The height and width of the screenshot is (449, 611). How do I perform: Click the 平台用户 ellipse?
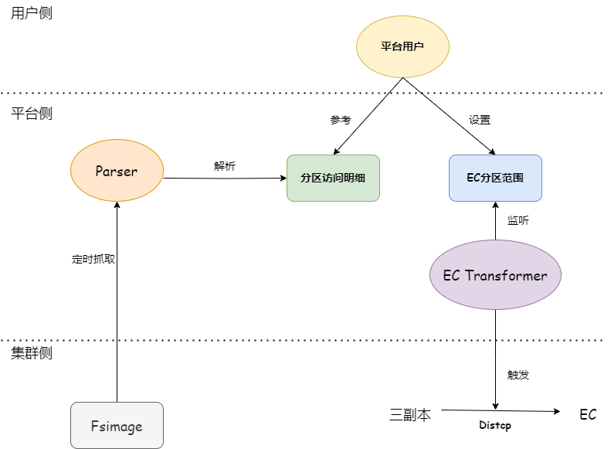(x=402, y=46)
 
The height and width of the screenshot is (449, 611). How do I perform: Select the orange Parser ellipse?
(x=117, y=171)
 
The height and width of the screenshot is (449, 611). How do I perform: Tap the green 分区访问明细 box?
(x=333, y=178)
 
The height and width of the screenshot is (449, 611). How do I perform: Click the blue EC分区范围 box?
(x=495, y=178)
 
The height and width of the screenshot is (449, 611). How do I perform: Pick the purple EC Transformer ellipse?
(x=495, y=275)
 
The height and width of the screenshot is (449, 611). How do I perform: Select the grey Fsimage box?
(x=117, y=425)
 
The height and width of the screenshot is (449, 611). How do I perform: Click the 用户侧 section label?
(x=32, y=13)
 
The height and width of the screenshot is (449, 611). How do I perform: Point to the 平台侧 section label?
(x=32, y=113)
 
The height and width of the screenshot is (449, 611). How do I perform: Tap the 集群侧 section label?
(x=32, y=352)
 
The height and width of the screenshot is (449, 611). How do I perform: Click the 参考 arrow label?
(x=341, y=120)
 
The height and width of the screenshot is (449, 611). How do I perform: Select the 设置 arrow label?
(x=480, y=120)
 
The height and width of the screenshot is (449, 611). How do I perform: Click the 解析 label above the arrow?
(x=225, y=165)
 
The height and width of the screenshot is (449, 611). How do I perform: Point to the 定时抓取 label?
(x=93, y=259)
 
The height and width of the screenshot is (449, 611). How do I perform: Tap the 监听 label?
(x=518, y=220)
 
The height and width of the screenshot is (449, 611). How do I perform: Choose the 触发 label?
(x=518, y=375)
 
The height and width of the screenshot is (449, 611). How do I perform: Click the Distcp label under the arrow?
(x=495, y=425)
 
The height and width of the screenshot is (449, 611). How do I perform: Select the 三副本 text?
(x=410, y=414)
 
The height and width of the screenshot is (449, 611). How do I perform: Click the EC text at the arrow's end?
(x=588, y=414)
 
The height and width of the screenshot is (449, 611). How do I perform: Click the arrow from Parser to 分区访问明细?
(x=225, y=179)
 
